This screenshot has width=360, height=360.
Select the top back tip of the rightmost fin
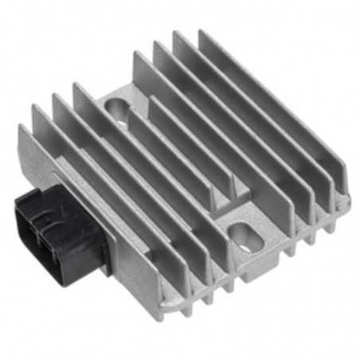click(x=202, y=33)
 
